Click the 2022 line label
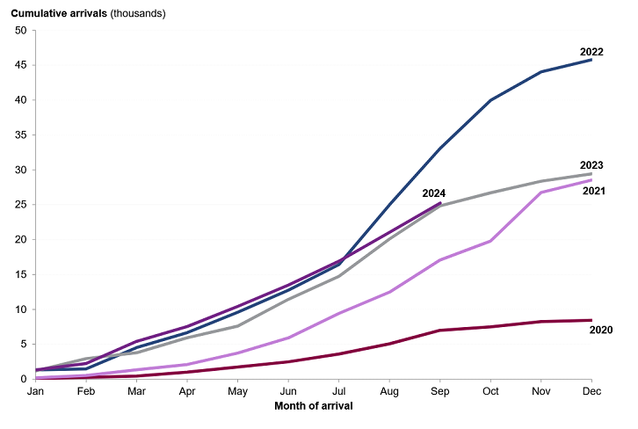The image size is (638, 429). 591,52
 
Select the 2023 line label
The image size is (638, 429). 591,165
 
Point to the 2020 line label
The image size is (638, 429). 601,330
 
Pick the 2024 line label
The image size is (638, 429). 433,193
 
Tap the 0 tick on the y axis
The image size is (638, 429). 24,379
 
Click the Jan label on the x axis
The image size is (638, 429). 36,392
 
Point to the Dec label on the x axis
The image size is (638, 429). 591,392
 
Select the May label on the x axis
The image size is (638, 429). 238,392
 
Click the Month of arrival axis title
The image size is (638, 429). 314,406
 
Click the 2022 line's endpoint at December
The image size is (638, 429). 591,60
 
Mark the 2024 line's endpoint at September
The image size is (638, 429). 440,203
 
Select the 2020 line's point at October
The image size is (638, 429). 490,327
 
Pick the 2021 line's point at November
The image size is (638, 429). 540,193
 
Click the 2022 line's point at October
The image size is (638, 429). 490,100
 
